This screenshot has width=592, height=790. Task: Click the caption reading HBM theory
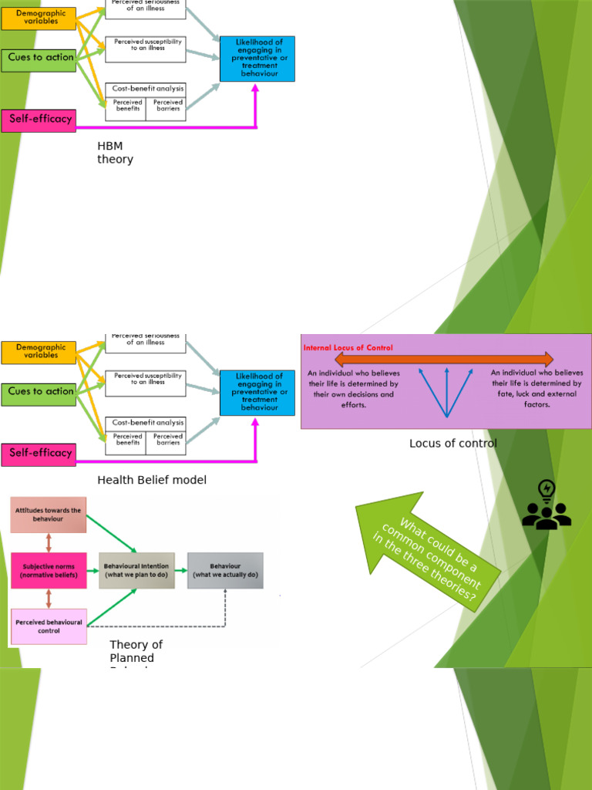pyautogui.click(x=115, y=153)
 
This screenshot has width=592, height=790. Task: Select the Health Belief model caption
pyautogui.click(x=152, y=480)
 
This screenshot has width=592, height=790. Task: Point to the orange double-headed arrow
pyautogui.click(x=444, y=360)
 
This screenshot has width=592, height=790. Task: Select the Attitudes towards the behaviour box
pyautogui.click(x=48, y=515)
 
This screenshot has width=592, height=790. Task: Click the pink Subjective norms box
pyautogui.click(x=48, y=570)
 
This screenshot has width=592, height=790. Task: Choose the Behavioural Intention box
pyautogui.click(x=136, y=570)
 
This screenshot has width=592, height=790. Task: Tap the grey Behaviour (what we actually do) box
pyautogui.click(x=225, y=570)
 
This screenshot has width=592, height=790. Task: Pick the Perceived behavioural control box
pyautogui.click(x=48, y=626)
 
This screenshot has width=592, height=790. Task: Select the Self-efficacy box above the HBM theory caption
pyautogui.click(x=39, y=120)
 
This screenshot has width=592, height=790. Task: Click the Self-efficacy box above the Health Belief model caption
pyautogui.click(x=39, y=454)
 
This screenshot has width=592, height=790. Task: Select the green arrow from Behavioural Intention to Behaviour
pyautogui.click(x=181, y=570)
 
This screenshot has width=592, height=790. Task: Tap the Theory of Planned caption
pyautogui.click(x=136, y=651)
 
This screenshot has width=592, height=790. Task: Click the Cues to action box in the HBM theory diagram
pyautogui.click(x=39, y=58)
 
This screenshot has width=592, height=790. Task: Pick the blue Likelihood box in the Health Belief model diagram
pyautogui.click(x=257, y=393)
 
